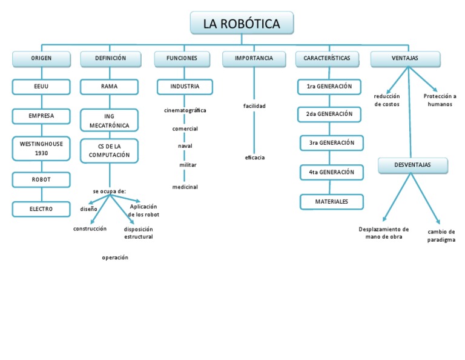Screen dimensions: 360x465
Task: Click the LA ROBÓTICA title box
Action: [x=242, y=24]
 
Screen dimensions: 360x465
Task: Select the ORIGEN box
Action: [x=41, y=59]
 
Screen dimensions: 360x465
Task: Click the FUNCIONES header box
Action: [x=182, y=59]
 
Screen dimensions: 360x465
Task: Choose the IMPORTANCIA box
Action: [x=254, y=59]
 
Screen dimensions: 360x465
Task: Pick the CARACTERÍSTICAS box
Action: [x=327, y=59]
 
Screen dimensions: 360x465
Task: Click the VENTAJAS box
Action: [x=405, y=59]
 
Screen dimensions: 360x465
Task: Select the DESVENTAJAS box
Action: [x=413, y=165]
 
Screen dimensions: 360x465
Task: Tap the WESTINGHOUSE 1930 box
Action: [x=41, y=149]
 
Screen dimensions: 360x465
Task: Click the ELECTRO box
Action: [x=41, y=209]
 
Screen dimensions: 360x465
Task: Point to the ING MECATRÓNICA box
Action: [x=110, y=121]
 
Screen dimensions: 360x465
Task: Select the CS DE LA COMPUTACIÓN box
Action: [x=110, y=150]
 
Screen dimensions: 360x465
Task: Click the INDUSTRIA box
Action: [x=185, y=87]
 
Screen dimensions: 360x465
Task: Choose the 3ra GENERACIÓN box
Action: [x=331, y=143]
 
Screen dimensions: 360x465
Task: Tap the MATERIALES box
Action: [x=331, y=202]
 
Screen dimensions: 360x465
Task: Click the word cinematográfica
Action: [x=185, y=111]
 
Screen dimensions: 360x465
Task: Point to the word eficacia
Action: [x=254, y=158]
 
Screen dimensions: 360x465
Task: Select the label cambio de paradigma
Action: [x=441, y=236]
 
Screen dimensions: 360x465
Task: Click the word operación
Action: [x=115, y=258]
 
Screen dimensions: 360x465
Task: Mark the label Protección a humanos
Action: [x=440, y=100]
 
